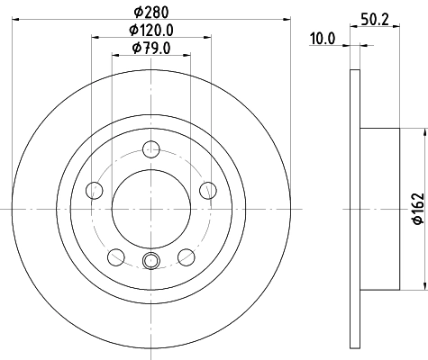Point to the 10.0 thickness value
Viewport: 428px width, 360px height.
coord(323,38)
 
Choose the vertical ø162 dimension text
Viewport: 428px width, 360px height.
coord(417,208)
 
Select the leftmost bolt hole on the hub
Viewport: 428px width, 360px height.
coord(94,190)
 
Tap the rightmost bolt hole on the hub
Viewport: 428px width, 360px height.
coord(208,190)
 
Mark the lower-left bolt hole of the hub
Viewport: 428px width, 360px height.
coord(115,256)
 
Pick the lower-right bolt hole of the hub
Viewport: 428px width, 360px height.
coord(187,256)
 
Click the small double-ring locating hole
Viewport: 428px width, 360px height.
coord(151,262)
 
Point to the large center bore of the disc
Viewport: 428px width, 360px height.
coord(151,208)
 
